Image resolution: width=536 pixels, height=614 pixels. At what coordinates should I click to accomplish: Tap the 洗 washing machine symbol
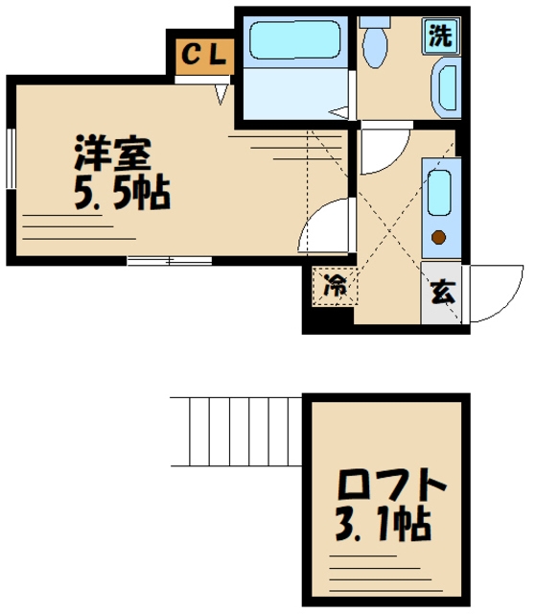pos(440,36)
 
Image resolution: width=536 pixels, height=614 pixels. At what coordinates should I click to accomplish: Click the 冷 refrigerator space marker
pos(335,285)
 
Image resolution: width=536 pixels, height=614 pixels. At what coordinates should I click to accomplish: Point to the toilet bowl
pos(375,48)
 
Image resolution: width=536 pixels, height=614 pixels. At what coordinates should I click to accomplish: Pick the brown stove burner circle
pos(439,238)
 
